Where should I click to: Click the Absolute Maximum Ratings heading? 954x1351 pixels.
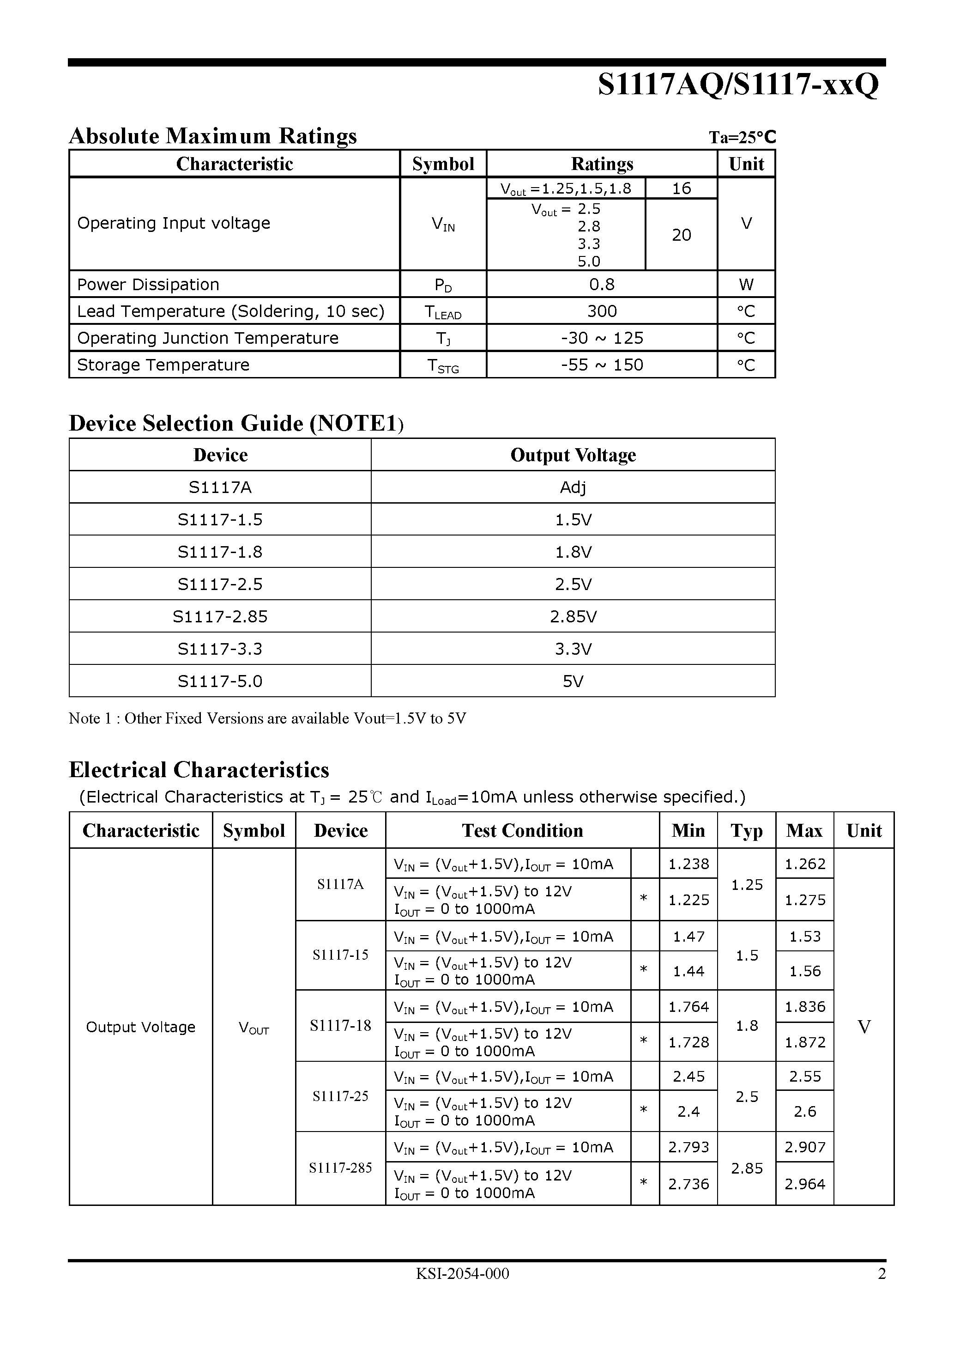point(213,136)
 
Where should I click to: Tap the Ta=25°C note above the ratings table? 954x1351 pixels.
point(742,137)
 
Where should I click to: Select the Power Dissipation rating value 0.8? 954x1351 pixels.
point(602,284)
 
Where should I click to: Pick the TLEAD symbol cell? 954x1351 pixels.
point(443,312)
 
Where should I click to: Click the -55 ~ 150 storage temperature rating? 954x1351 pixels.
point(602,365)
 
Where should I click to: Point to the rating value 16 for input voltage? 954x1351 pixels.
point(681,189)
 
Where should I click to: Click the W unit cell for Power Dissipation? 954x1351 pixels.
point(746,284)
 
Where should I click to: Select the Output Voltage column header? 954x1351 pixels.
point(573,455)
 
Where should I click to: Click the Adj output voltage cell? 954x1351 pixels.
point(573,487)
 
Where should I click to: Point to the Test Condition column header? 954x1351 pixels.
point(522,830)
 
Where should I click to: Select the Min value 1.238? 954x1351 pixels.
point(688,864)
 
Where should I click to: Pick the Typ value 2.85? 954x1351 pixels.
point(746,1168)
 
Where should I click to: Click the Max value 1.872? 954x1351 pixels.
point(804,1042)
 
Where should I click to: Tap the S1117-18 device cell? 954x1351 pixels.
point(340,1026)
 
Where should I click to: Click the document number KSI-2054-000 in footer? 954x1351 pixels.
point(462,1273)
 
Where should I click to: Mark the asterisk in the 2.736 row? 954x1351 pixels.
point(644,1183)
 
